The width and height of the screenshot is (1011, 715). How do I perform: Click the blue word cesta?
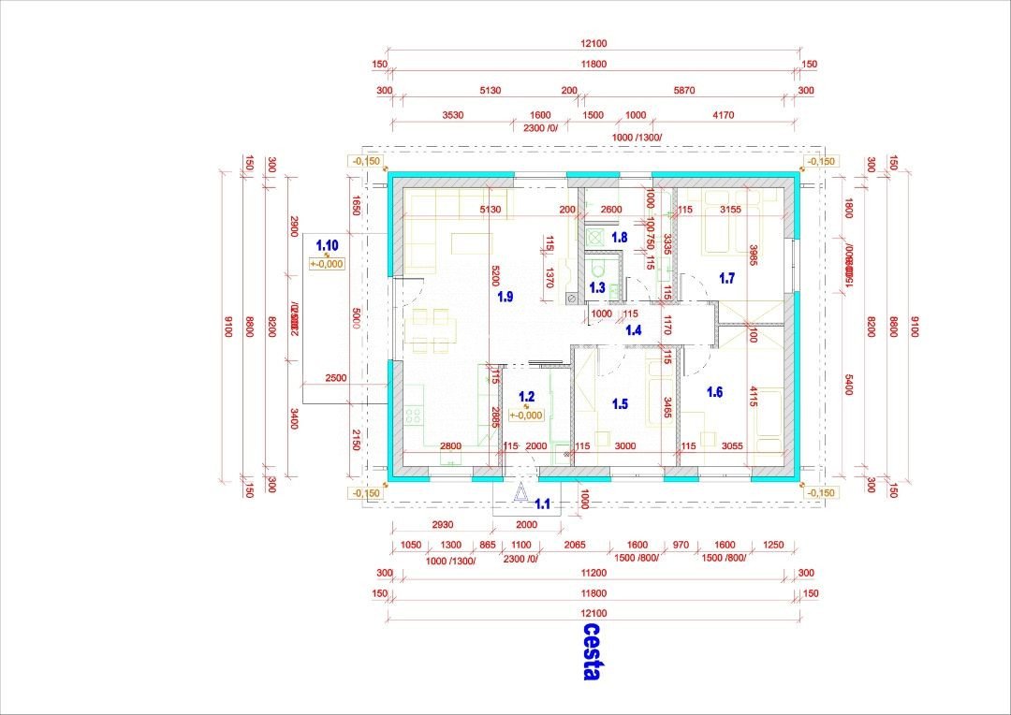pyautogui.click(x=592, y=652)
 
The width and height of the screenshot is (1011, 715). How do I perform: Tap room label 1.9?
pyautogui.click(x=505, y=297)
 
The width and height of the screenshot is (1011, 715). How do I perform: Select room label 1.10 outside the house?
pyautogui.click(x=327, y=245)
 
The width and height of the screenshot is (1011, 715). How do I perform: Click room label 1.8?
pyautogui.click(x=619, y=238)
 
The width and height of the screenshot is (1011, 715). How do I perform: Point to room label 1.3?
pyautogui.click(x=598, y=287)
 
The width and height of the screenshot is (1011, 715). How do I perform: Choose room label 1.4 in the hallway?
pyautogui.click(x=634, y=329)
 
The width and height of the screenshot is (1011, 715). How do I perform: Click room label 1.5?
pyautogui.click(x=620, y=404)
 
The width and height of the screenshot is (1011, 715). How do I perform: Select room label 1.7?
pyautogui.click(x=726, y=277)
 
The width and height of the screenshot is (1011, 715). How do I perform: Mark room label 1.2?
pyautogui.click(x=526, y=397)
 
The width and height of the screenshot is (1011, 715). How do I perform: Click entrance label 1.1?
pyautogui.click(x=542, y=504)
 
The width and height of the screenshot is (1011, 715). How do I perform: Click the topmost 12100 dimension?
pyautogui.click(x=593, y=43)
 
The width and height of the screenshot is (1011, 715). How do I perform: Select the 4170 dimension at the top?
pyautogui.click(x=723, y=115)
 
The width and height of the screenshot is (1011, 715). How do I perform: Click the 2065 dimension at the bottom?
pyautogui.click(x=573, y=545)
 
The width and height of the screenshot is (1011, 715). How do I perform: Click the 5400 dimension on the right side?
pyautogui.click(x=849, y=384)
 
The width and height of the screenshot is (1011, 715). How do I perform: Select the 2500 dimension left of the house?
pyautogui.click(x=335, y=378)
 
